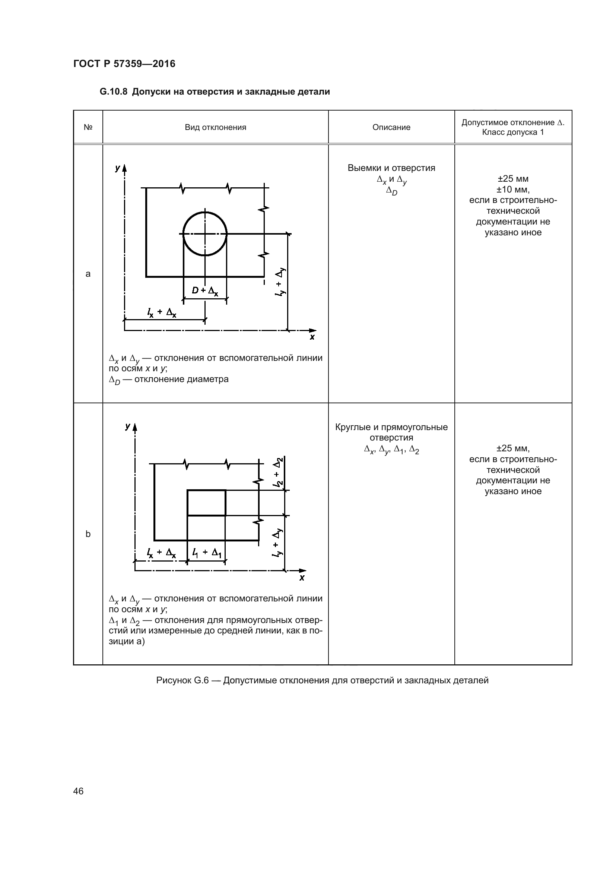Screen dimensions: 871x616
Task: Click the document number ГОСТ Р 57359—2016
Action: tap(124, 64)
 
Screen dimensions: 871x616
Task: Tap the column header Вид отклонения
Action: tap(215, 127)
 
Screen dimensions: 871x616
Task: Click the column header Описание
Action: tap(391, 127)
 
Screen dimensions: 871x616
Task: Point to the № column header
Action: tap(88, 127)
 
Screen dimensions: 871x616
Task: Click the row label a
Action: tap(88, 274)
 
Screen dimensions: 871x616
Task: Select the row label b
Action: tap(88, 534)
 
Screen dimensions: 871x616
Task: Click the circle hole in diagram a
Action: tap(205, 234)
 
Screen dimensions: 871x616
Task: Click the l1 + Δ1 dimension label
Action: tap(207, 553)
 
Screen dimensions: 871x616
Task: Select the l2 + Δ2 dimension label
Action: tap(279, 472)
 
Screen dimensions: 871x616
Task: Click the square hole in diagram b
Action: tap(206, 503)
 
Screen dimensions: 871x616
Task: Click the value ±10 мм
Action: tap(513, 189)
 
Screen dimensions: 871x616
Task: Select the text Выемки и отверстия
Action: tap(391, 168)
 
